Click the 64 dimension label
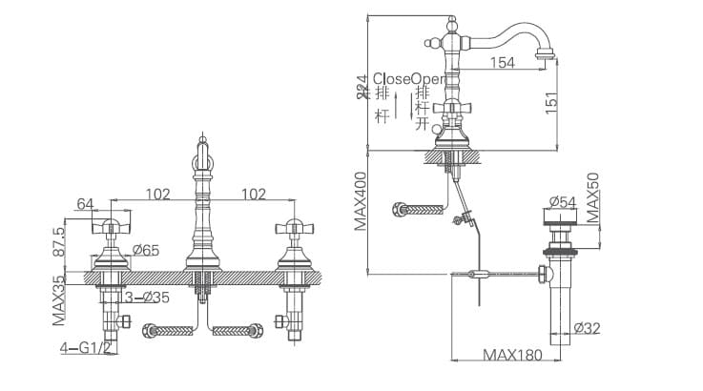click(x=86, y=203)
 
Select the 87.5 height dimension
click(x=58, y=243)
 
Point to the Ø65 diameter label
click(x=146, y=251)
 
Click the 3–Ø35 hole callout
click(x=148, y=298)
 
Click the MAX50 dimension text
click(x=591, y=198)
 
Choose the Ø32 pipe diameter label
click(x=589, y=329)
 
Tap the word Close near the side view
click(x=392, y=78)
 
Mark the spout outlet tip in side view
click(x=547, y=55)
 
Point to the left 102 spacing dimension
click(x=157, y=195)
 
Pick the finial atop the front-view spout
click(x=201, y=142)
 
